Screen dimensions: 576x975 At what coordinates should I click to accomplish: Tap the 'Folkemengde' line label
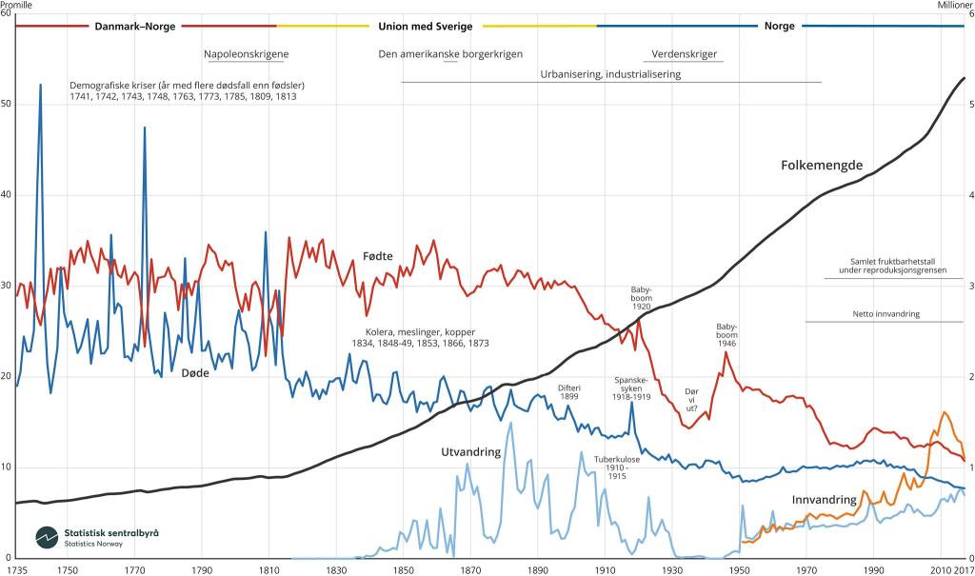pyautogui.click(x=821, y=166)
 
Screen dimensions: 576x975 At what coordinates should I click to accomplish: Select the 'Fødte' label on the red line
pyautogui.click(x=378, y=256)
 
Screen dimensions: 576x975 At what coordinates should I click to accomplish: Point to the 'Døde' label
pyautogui.click(x=169, y=372)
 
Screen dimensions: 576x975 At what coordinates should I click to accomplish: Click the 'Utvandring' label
pyautogui.click(x=470, y=452)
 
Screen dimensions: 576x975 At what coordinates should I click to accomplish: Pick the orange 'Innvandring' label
pyautogui.click(x=825, y=500)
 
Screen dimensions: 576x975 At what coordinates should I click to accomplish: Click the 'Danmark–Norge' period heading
pyautogui.click(x=134, y=27)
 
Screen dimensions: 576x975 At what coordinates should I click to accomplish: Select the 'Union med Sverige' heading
pyautogui.click(x=425, y=27)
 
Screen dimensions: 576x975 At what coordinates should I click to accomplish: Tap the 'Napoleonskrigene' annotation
pyautogui.click(x=247, y=54)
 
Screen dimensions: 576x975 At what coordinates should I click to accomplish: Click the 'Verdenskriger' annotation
pyautogui.click(x=685, y=54)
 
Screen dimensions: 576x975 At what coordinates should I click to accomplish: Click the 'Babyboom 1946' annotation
pyautogui.click(x=727, y=333)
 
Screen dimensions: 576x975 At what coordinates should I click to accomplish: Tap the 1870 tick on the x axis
pyautogui.click(x=469, y=570)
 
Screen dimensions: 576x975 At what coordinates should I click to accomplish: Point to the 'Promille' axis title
pyautogui.click(x=17, y=5)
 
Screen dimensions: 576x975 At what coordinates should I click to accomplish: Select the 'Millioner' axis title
pyautogui.click(x=955, y=5)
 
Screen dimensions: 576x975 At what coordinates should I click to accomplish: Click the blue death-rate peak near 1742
pyautogui.click(x=40, y=86)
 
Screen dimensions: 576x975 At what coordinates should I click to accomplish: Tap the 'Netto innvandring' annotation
pyautogui.click(x=885, y=313)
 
